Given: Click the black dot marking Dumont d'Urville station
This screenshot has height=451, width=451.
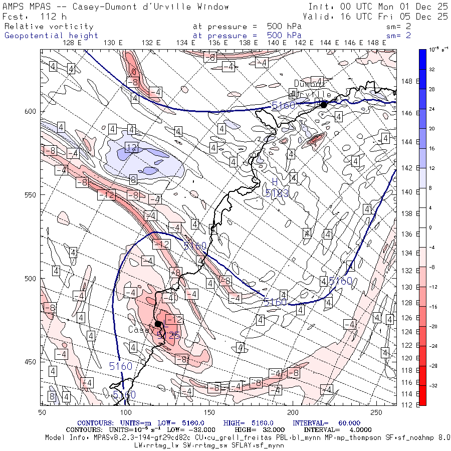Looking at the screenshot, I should (x=323, y=104).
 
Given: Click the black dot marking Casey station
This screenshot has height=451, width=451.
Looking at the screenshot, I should (x=158, y=324).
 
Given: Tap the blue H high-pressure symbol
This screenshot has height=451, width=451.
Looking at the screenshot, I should (x=275, y=182).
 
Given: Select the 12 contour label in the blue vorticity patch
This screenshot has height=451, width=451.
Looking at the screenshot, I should (x=131, y=148).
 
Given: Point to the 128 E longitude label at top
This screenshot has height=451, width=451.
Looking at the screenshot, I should (x=73, y=43).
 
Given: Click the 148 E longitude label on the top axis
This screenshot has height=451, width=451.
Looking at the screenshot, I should (x=376, y=43).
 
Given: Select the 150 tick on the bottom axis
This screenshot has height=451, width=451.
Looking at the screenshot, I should (x=209, y=412).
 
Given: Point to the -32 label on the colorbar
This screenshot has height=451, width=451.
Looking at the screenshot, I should (x=432, y=385).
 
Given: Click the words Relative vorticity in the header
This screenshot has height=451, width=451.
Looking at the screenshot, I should (x=49, y=26).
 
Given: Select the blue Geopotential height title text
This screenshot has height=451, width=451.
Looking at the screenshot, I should (x=51, y=36).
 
